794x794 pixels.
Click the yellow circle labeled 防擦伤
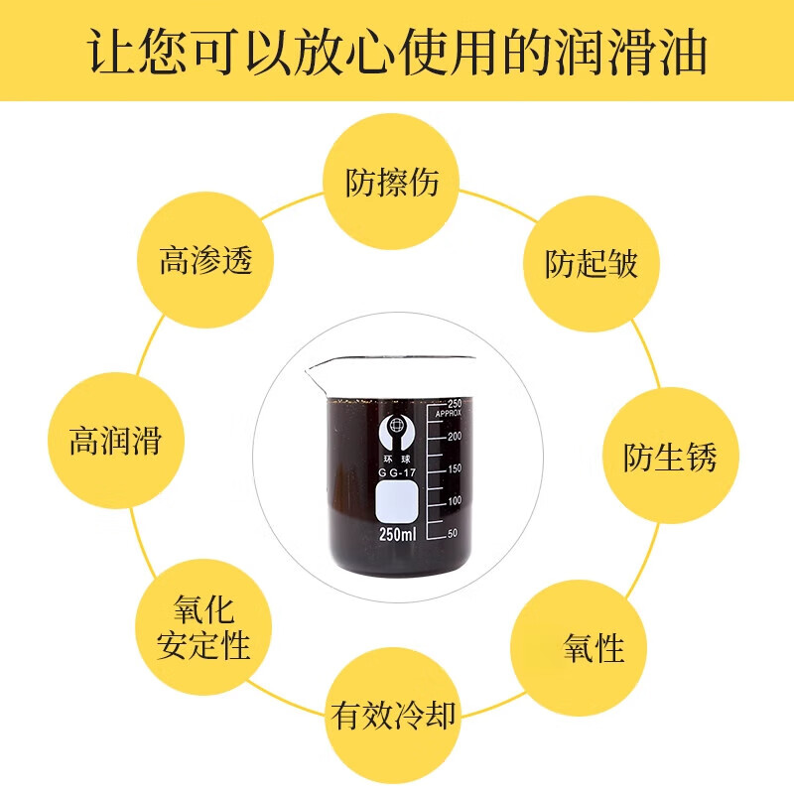394,182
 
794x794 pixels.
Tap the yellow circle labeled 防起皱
592,263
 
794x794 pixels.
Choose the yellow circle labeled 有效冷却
394,716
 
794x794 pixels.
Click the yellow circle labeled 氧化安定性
203,628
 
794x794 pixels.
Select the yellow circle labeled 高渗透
205,260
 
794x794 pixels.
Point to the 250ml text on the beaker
397,535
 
